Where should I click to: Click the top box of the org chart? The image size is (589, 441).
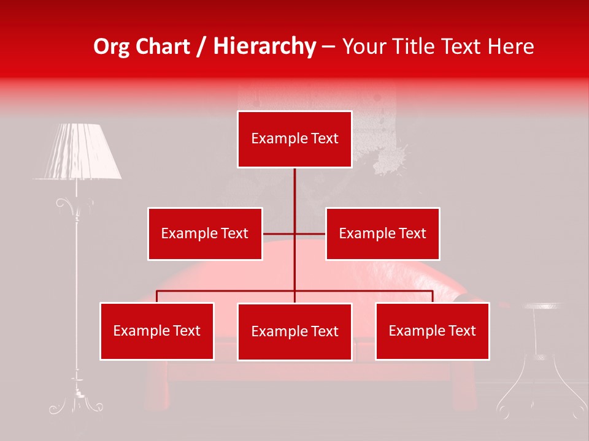click(x=294, y=139)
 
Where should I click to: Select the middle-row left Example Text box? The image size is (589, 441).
click(x=205, y=233)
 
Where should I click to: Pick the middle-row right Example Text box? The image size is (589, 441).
click(x=382, y=233)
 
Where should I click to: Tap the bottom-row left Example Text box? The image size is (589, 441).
click(x=157, y=331)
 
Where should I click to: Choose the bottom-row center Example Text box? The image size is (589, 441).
click(x=294, y=331)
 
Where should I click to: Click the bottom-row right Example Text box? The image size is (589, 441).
click(x=433, y=331)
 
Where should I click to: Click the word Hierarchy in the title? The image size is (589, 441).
click(x=264, y=47)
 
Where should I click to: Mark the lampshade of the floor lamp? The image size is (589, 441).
click(x=77, y=151)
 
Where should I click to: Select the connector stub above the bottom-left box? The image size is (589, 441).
click(x=157, y=296)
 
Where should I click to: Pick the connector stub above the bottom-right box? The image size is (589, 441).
click(x=433, y=296)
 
